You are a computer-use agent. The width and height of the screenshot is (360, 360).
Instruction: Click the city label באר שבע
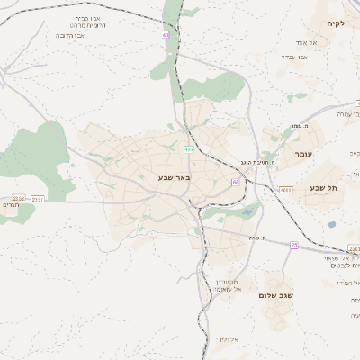[x=174, y=176]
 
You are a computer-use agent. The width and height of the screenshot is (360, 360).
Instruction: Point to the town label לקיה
[x=335, y=23]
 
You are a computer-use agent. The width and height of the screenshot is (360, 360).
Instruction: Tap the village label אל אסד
[x=301, y=42]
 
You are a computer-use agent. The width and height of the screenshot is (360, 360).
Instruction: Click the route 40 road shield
[x=166, y=35]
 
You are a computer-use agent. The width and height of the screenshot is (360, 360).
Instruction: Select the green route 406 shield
[x=188, y=148]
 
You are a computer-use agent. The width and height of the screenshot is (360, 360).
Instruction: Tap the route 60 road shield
[x=235, y=182]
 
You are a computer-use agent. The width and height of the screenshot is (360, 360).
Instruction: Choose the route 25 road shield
[x=293, y=245]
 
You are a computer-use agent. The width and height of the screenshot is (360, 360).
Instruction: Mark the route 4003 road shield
[x=285, y=190]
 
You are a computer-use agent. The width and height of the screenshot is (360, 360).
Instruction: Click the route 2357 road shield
[x=37, y=199]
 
